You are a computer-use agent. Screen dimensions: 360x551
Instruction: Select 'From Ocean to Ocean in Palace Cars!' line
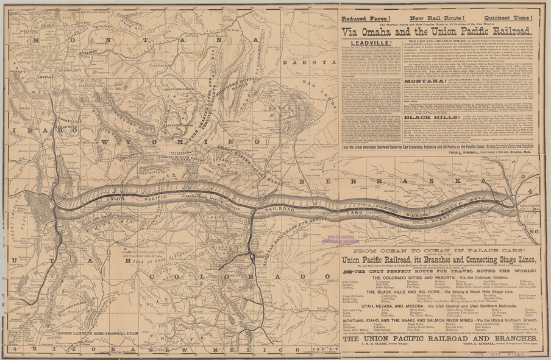pyautogui.click(x=438, y=250)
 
